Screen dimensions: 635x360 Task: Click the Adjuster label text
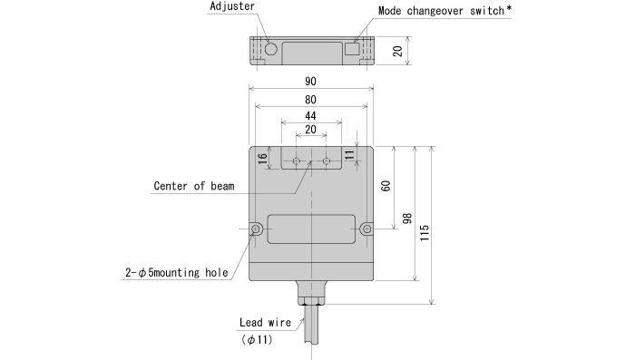(x=232, y=6)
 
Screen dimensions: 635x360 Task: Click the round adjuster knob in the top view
(x=271, y=47)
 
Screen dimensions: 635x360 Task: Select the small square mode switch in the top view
(x=352, y=50)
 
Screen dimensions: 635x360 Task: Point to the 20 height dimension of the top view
(x=396, y=51)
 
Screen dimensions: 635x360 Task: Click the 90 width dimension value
(x=311, y=81)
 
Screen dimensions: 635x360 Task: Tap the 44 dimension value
(x=310, y=116)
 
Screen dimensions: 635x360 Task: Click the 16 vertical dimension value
(x=262, y=159)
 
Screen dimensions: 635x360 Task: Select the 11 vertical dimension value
(x=349, y=156)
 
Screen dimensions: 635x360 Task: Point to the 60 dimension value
(x=386, y=186)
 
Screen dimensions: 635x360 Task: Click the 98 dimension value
(x=407, y=218)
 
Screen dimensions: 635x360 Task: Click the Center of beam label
(x=193, y=187)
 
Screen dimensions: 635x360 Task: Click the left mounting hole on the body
(x=257, y=229)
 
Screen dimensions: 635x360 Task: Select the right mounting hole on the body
(x=366, y=229)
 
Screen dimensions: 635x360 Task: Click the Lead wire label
(x=265, y=322)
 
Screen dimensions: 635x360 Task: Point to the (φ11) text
(x=258, y=340)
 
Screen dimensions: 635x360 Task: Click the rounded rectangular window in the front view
(x=311, y=229)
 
